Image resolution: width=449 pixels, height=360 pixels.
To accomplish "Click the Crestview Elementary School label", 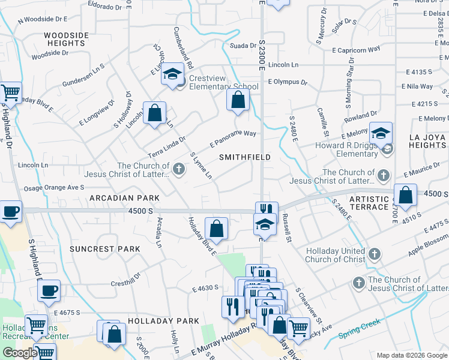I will pos(223,83).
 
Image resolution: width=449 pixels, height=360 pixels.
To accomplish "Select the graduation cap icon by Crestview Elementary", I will pos(173,74).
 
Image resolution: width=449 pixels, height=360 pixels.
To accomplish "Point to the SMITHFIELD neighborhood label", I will pos(244,157).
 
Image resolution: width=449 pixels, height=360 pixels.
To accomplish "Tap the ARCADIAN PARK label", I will pos(125,198).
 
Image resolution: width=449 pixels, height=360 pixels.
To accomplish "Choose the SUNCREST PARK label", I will pos(104,249).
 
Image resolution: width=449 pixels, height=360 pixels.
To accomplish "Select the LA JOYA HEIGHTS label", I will pos(427,141).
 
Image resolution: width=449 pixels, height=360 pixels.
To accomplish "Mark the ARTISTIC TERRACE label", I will pos(369,203).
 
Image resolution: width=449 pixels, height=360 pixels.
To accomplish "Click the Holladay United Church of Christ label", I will pos(336,255).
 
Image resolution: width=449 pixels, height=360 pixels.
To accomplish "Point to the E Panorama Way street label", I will pos(234,139).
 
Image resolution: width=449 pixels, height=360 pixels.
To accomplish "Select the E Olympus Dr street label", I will pos(288,82).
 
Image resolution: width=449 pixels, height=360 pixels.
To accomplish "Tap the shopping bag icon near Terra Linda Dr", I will pos(155,112).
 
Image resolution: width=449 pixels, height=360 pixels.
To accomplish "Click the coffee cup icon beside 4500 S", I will pos(11,212).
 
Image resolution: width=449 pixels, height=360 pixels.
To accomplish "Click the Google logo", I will pos(20,353).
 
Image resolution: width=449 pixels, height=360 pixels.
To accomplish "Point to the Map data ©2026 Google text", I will pos(411,355).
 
